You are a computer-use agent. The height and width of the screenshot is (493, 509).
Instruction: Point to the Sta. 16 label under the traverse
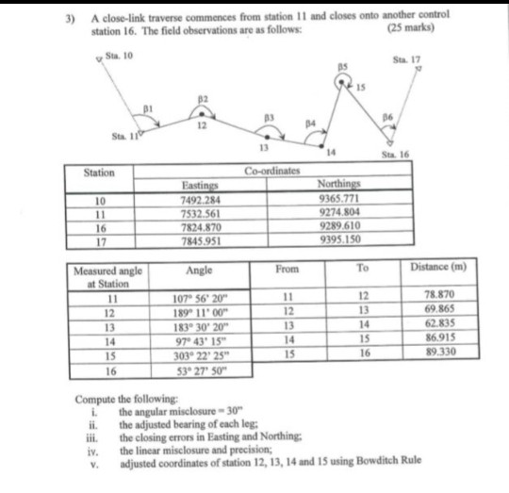coord(393,153)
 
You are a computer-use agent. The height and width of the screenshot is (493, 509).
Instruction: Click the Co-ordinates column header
coord(270,173)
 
